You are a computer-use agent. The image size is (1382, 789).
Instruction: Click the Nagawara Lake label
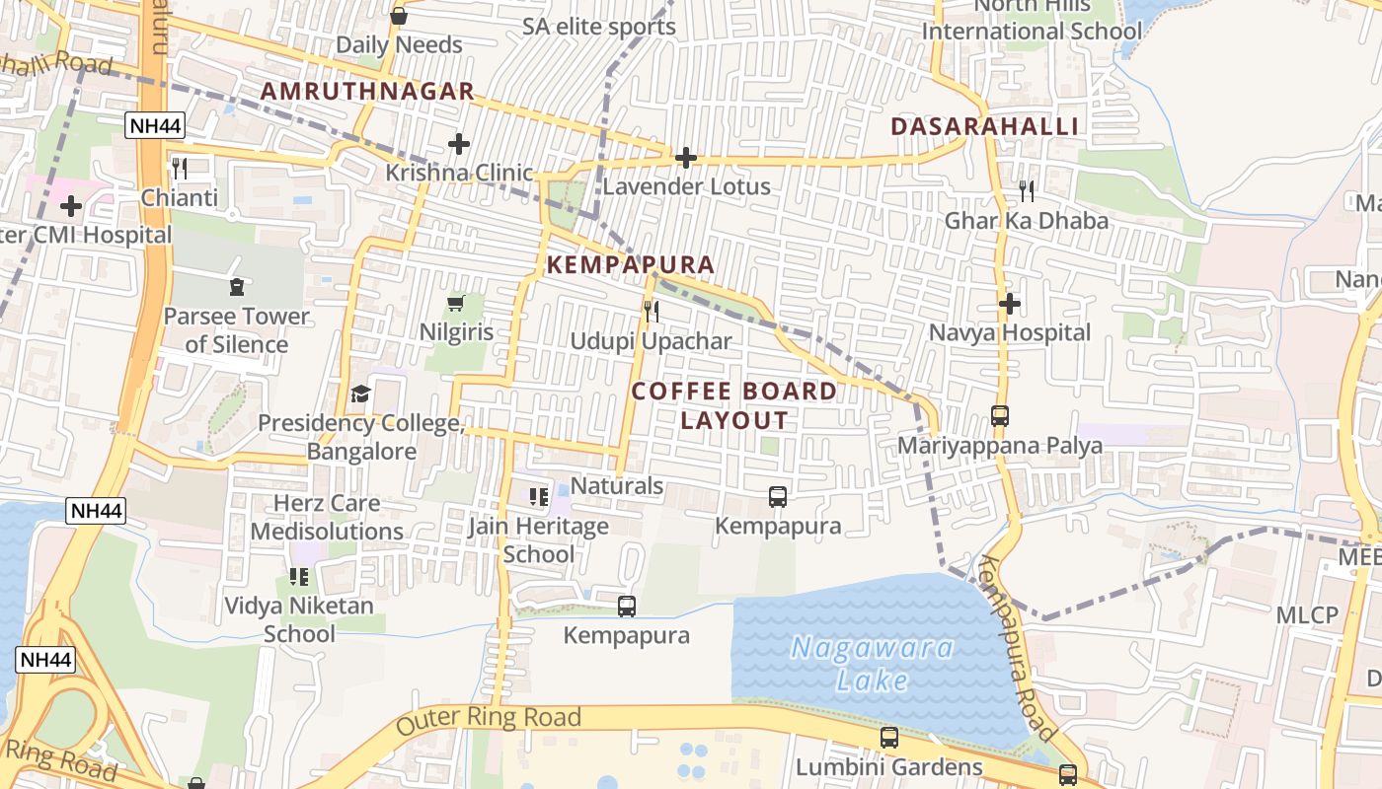[x=874, y=664]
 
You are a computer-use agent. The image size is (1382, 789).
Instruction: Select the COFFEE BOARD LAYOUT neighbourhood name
[x=734, y=405]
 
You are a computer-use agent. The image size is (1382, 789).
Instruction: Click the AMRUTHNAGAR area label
[x=367, y=92]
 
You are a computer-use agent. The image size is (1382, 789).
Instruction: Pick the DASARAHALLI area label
[x=984, y=126]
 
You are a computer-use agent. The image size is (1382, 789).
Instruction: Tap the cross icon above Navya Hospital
[x=1009, y=304]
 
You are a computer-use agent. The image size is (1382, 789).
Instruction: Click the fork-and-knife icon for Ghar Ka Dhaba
[x=1027, y=191]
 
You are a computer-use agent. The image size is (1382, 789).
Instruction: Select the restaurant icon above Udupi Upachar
[x=652, y=312]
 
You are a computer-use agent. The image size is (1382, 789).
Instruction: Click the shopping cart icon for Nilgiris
[x=456, y=303]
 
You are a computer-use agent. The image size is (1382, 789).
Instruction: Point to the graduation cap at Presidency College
[x=361, y=394]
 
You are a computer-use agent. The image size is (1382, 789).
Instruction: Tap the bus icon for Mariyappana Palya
[x=1000, y=416]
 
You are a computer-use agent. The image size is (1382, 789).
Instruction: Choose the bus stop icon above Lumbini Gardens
[x=889, y=738]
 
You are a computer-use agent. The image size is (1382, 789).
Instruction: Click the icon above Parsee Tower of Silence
[x=236, y=287]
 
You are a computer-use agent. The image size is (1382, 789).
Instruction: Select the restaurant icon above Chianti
[x=179, y=168]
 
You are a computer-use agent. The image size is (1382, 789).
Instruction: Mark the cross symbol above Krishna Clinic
[x=458, y=144]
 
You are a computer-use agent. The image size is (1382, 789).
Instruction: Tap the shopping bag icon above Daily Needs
[x=399, y=16]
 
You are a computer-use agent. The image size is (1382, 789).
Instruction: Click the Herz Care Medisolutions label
[x=327, y=518]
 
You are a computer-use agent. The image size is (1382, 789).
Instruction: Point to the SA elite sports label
[x=599, y=27]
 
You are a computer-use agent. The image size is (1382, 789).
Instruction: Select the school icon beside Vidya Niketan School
[x=298, y=576]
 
